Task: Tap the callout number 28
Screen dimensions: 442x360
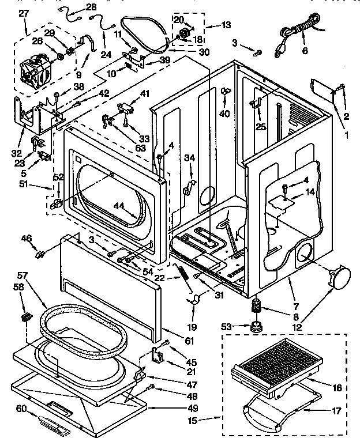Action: click(91, 7)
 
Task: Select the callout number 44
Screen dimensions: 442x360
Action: click(119, 205)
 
